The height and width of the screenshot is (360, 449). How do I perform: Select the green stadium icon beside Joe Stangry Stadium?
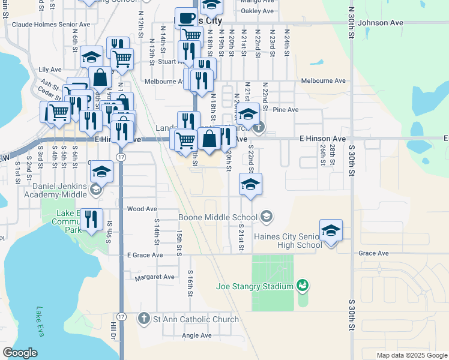point(303,286)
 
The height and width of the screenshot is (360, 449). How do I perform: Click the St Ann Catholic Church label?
point(196,319)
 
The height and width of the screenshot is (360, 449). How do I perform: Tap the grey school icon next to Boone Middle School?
point(267,216)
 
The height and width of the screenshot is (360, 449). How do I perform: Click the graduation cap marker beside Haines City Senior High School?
point(330,230)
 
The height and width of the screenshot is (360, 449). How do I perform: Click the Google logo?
point(20,353)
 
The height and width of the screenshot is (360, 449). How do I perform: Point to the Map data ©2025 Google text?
point(411,355)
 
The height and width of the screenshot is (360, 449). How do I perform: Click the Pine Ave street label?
point(285,110)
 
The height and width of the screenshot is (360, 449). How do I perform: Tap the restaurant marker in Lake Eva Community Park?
point(91,219)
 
